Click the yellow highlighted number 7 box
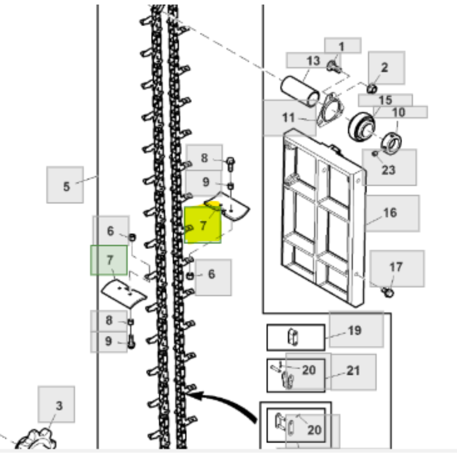tap(203, 224)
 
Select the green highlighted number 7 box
tap(109, 260)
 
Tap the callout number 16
tap(390, 213)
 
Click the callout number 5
tap(66, 186)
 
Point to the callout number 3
tap(59, 406)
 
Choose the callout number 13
tap(314, 61)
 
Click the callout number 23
tap(388, 170)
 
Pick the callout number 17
tap(396, 267)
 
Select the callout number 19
tap(355, 330)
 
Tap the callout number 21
tap(353, 371)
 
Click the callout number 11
tap(288, 117)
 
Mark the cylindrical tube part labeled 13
tap(300, 91)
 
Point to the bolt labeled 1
tap(334, 67)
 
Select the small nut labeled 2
tap(372, 89)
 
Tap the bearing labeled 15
tap(361, 127)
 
